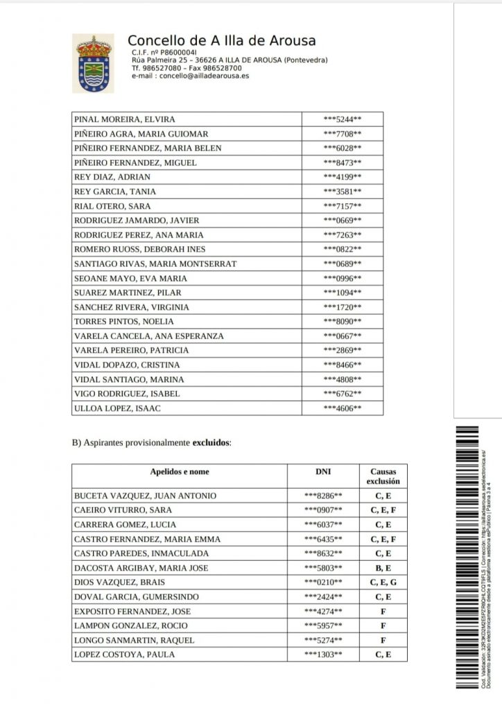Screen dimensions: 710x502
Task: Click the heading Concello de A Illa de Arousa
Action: pyautogui.click(x=222, y=41)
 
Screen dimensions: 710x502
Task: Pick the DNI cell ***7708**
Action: pyautogui.click(x=343, y=134)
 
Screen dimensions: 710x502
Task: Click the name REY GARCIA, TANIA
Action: pyautogui.click(x=114, y=191)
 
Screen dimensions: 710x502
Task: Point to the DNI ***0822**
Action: pyautogui.click(x=343, y=249)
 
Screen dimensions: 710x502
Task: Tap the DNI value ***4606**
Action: pyautogui.click(x=343, y=408)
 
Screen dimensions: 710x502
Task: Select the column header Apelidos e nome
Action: pyautogui.click(x=180, y=472)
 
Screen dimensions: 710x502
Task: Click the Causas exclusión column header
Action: pyautogui.click(x=383, y=476)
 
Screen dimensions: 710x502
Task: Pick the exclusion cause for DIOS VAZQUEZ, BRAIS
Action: pyautogui.click(x=383, y=582)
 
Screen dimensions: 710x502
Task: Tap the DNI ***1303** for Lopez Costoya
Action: pyautogui.click(x=323, y=655)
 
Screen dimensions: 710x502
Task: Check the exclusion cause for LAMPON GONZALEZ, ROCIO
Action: pyautogui.click(x=383, y=625)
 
